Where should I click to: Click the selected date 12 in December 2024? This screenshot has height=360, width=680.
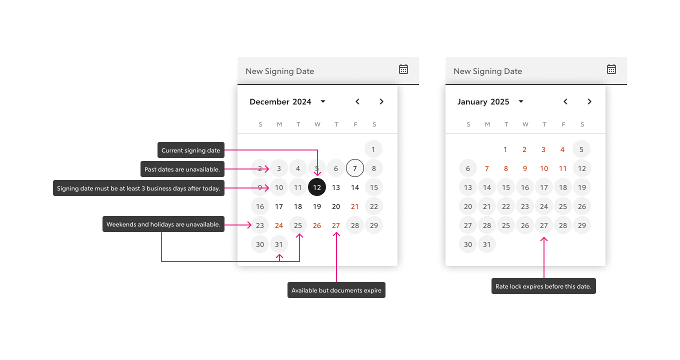(x=317, y=187)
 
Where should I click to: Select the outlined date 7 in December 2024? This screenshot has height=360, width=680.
(x=355, y=168)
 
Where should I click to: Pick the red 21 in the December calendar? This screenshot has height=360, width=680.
(x=355, y=206)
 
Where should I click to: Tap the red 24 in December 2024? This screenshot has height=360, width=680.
(x=279, y=225)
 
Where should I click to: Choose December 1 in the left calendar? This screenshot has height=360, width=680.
(x=373, y=149)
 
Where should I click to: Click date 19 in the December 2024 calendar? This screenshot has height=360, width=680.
(x=317, y=206)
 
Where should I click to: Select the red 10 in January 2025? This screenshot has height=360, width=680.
(x=544, y=168)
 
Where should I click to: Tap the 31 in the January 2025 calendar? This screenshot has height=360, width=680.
(x=487, y=244)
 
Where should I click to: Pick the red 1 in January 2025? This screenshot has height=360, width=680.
(x=505, y=149)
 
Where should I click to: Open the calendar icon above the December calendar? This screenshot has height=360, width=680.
(x=403, y=69)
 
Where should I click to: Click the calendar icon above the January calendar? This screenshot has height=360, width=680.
(x=611, y=69)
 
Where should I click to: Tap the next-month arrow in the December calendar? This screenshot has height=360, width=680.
(x=381, y=101)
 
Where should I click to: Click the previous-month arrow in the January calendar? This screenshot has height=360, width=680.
(x=565, y=101)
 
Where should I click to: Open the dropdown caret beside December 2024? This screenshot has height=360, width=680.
(x=323, y=101)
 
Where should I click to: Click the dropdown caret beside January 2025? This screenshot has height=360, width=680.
(x=521, y=101)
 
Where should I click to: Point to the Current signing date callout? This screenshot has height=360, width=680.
(x=191, y=150)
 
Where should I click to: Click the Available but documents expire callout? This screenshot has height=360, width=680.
(x=336, y=290)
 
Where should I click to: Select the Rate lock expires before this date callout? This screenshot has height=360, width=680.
(x=543, y=286)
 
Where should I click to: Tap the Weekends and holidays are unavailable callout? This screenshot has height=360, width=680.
(x=163, y=224)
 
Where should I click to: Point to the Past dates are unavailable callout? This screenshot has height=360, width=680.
(x=182, y=169)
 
